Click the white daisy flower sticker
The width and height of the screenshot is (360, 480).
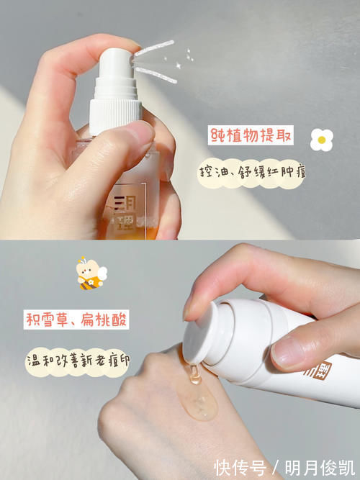pos(321,140)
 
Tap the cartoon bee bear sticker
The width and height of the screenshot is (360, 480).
pos(91,273)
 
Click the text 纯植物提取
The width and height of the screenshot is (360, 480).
pos(251,135)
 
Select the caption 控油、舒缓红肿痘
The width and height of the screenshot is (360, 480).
pos(251,173)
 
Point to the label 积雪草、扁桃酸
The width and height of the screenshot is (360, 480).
pos(76,320)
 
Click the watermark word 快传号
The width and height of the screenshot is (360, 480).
pos(240,468)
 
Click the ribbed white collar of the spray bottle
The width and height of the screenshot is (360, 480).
pos(115,115)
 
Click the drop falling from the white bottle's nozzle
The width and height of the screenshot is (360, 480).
pos(194,374)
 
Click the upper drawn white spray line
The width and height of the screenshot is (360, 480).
pos(155,48)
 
